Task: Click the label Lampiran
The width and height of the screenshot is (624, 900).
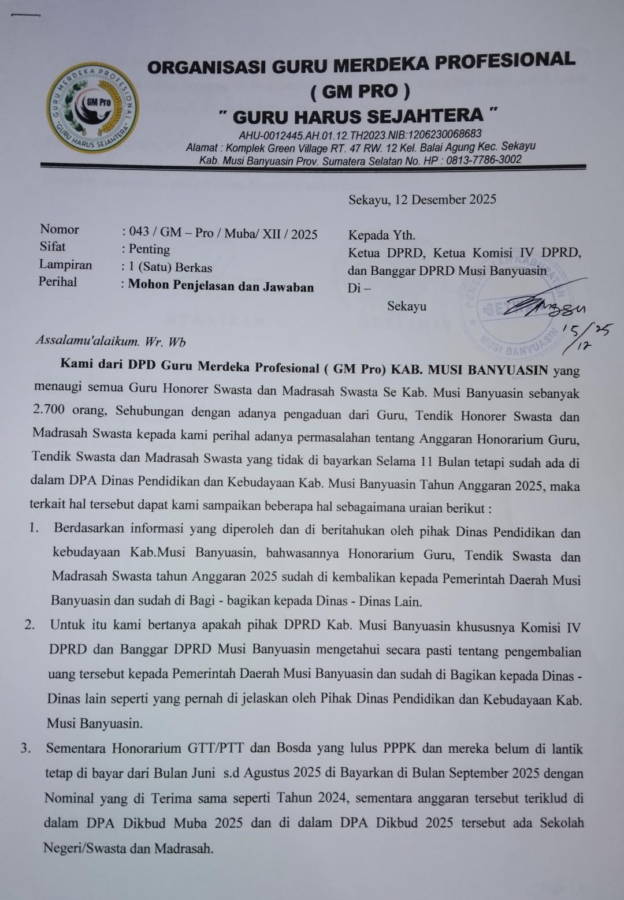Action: [65, 264]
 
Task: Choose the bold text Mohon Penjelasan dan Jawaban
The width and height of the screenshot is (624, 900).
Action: [221, 286]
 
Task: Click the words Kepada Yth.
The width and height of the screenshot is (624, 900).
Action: [381, 235]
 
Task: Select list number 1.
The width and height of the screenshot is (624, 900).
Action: [34, 528]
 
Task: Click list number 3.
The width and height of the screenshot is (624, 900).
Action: [25, 749]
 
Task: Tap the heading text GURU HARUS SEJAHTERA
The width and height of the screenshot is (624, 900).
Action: [358, 116]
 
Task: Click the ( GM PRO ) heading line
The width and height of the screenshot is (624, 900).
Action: [360, 91]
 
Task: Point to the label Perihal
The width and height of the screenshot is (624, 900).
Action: [58, 282]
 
